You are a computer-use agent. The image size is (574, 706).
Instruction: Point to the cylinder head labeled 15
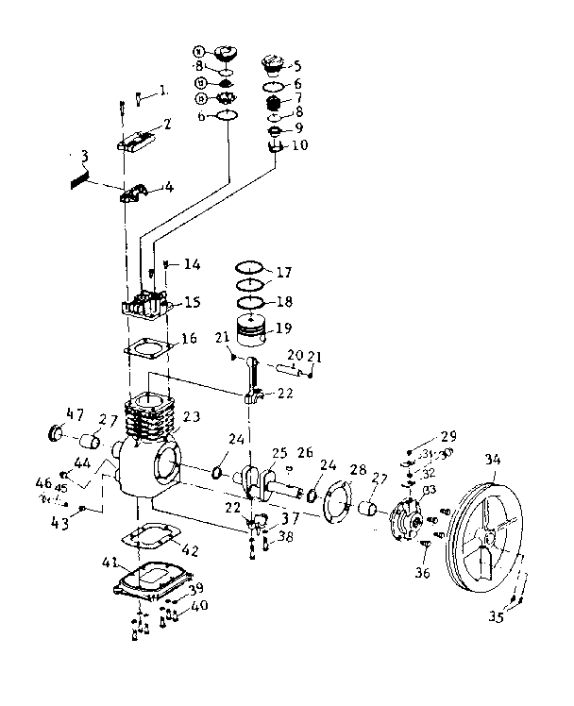[144, 306]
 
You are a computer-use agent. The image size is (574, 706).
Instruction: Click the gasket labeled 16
[148, 348]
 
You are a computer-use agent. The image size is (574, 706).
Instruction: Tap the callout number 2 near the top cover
[167, 125]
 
